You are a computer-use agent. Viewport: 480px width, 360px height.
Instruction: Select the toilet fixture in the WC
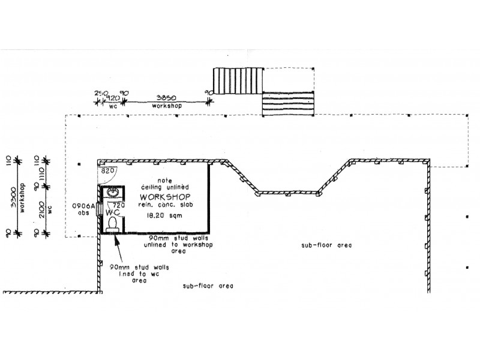pyautogui.click(x=112, y=224)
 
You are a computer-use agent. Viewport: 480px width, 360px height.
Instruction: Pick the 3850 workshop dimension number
pyautogui.click(x=166, y=96)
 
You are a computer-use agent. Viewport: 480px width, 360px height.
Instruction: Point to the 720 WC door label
pyautogui.click(x=120, y=205)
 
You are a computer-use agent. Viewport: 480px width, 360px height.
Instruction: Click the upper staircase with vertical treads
pyautogui.click(x=239, y=80)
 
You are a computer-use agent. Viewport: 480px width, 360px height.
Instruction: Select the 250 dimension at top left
pyautogui.click(x=100, y=93)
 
